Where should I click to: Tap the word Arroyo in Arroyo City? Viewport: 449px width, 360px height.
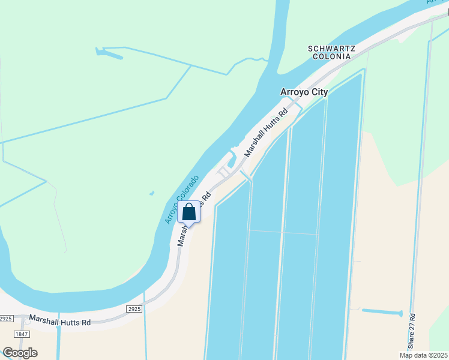coord(294,92)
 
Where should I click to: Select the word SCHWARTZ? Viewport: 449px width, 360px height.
coord(331,48)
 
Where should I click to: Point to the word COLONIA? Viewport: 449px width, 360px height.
coord(331,56)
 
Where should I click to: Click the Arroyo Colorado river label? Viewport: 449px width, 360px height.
coord(182,200)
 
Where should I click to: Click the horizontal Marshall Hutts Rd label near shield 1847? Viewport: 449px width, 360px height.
coord(60,322)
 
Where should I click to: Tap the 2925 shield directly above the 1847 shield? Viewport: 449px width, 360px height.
coord(5,318)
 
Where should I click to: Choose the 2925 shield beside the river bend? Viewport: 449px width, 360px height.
coord(134,308)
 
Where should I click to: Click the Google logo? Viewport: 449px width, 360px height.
coord(20,353)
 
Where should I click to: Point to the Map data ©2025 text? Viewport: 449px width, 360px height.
coord(423,355)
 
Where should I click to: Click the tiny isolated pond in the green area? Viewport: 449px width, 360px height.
coord(152,193)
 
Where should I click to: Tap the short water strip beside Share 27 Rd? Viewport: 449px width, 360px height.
coord(382,312)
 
